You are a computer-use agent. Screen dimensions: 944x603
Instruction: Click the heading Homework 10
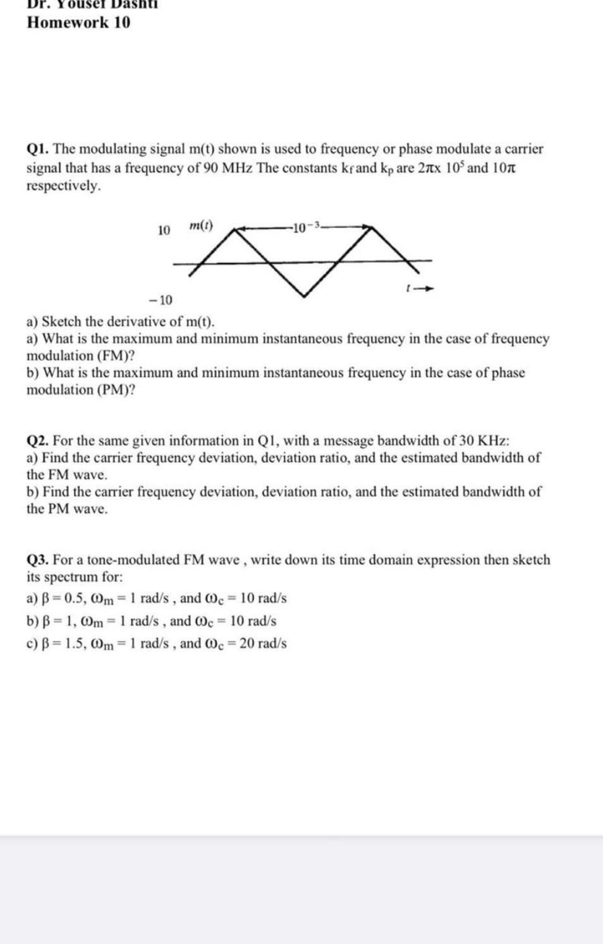tap(78, 23)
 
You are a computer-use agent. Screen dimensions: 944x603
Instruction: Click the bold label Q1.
tap(38, 149)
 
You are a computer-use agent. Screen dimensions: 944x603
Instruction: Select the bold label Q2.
tap(38, 441)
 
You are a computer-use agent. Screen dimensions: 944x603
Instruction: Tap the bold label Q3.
tap(38, 560)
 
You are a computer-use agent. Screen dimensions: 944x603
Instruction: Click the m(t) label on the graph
tap(201, 226)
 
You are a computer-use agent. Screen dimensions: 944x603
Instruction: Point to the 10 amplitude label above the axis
tap(164, 231)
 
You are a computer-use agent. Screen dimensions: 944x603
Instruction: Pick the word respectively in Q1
tap(63, 186)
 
